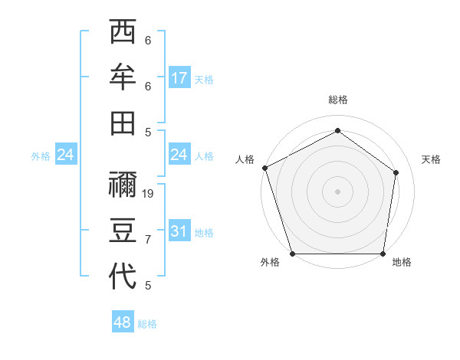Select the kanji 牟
tap(123, 77)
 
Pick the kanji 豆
tap(123, 231)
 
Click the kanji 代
tap(123, 276)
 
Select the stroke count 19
tap(149, 194)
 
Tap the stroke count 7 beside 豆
tap(148, 240)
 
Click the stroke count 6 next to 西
tap(148, 41)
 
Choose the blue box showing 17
tap(179, 77)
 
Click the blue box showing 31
tap(179, 231)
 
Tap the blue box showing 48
tap(123, 322)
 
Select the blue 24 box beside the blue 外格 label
tap(66, 155)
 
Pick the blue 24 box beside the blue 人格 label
tap(179, 155)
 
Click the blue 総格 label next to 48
tap(147, 324)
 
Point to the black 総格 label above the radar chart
tap(337, 100)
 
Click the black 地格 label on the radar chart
tap(402, 262)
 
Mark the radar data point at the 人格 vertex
tap(264, 168)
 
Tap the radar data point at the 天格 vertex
tap(396, 172)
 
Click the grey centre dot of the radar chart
tap(337, 191)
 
